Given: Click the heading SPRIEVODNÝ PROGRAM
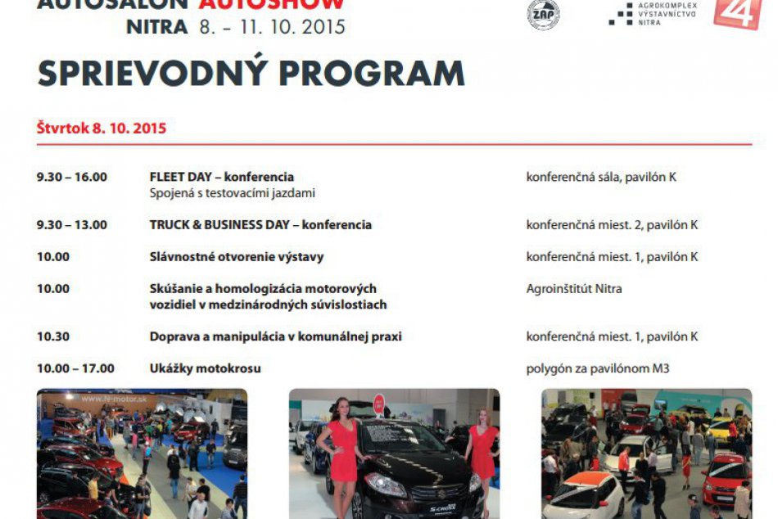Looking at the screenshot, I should (251, 74).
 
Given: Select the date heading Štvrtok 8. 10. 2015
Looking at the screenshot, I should (102, 129).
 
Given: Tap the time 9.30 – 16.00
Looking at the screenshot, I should (72, 177).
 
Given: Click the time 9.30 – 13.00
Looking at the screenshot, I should (72, 224).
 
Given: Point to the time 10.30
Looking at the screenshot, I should (53, 336).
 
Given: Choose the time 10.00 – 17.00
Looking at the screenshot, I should (75, 368).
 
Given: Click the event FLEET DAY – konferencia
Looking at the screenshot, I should (221, 177).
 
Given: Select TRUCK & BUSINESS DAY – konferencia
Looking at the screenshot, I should (260, 224).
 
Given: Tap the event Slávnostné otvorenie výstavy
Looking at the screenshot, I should (237, 256).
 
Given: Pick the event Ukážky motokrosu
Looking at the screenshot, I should (205, 368).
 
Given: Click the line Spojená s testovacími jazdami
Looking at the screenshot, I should (232, 193).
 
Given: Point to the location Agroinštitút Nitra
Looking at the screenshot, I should (573, 288).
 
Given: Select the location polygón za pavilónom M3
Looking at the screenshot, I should (597, 368).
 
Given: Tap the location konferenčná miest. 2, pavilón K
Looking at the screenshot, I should (612, 224).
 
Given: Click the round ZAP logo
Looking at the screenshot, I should (543, 14).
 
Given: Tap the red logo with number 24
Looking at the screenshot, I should (737, 14).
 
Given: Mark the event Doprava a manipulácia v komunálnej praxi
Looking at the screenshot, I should (275, 336).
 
